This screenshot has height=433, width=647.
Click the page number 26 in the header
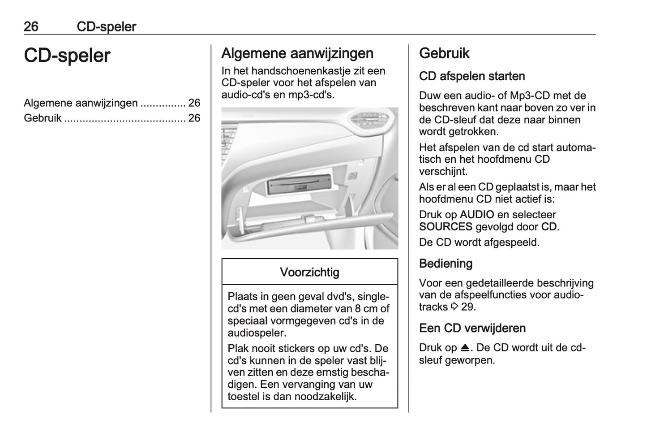[x=31, y=27]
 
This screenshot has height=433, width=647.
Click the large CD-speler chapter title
[x=67, y=56]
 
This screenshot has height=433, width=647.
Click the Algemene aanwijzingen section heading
[x=297, y=53]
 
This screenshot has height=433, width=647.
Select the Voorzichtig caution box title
[x=309, y=272]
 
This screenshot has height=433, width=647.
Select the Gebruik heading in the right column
[x=444, y=53]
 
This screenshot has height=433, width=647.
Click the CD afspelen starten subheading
[x=472, y=76]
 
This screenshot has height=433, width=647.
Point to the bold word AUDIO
[x=477, y=215]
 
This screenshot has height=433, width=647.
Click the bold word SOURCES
[x=446, y=227]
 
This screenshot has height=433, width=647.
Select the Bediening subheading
[x=446, y=264]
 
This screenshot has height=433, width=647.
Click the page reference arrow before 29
[x=454, y=307]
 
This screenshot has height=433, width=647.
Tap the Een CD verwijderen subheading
[x=472, y=328]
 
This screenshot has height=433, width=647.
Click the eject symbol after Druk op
[x=465, y=348]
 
